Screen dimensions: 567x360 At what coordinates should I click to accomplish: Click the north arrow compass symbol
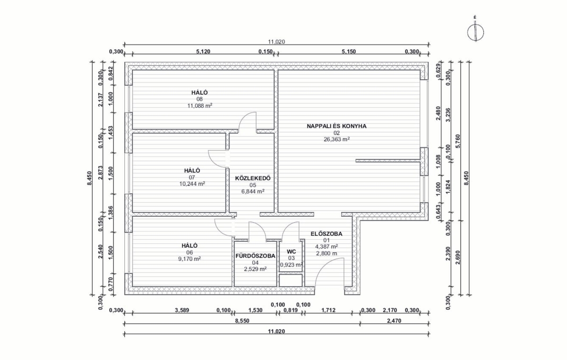point(475,33)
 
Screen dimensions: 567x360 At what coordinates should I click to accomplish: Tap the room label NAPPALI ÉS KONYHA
point(336,126)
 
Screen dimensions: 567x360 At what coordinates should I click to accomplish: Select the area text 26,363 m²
point(336,139)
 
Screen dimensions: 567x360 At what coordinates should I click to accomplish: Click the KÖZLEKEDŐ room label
point(253,178)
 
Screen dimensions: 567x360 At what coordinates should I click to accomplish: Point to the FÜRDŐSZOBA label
point(255,256)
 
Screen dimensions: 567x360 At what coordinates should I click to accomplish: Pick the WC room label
point(292,252)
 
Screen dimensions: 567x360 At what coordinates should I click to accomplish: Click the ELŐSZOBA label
point(326,234)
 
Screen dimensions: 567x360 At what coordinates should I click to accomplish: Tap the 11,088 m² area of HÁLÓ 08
point(200,106)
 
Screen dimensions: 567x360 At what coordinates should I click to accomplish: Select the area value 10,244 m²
point(192,184)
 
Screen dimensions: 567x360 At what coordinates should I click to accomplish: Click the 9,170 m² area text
point(189,259)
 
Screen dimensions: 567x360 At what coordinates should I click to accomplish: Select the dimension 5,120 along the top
point(203,51)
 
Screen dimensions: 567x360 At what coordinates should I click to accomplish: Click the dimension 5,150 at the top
point(349,51)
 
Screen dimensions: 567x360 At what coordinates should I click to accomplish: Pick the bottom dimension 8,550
point(242,321)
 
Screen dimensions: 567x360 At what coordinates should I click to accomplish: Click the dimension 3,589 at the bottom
point(182,310)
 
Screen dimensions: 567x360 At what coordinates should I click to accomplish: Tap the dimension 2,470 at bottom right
point(394,321)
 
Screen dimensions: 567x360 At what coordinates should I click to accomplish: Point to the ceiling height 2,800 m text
point(326,253)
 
